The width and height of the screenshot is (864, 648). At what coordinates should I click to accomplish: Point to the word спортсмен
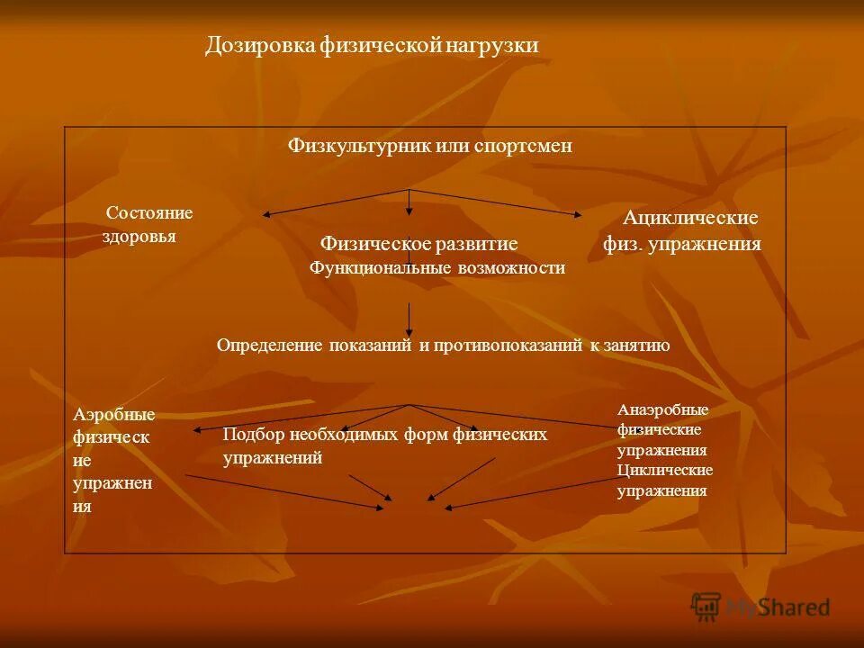[x=523, y=146]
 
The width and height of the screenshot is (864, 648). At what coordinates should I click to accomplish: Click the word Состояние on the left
[x=149, y=213]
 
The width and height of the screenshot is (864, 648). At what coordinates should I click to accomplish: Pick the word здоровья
[x=139, y=237]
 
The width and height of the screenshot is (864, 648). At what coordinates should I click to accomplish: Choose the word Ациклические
[x=690, y=218]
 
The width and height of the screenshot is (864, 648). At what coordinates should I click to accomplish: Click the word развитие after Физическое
[x=476, y=244]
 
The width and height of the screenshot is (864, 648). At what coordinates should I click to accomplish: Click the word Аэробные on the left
[x=113, y=415]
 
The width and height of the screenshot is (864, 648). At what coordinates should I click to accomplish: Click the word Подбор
[x=254, y=435]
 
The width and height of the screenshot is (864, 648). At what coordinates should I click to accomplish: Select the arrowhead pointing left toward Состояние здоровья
[x=267, y=214]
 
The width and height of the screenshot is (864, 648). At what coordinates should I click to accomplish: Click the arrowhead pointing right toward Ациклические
[x=578, y=214]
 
